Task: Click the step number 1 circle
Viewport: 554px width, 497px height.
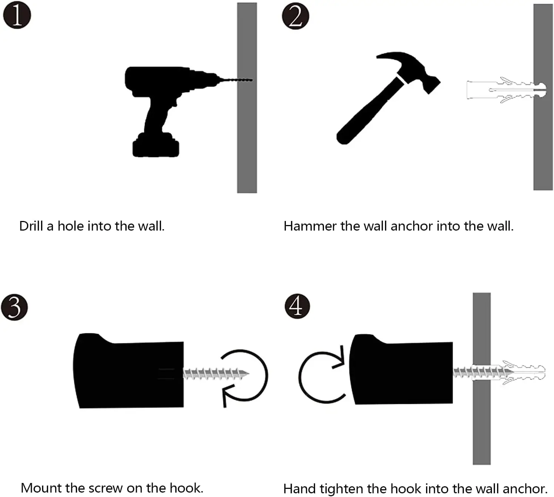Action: click(x=17, y=16)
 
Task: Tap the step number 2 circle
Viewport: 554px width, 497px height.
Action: click(x=295, y=17)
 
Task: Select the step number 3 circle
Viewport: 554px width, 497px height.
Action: click(x=14, y=307)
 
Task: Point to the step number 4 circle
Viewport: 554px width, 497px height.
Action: click(x=297, y=306)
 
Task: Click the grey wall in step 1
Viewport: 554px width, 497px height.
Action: click(x=247, y=140)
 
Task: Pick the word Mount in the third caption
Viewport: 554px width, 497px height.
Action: click(x=41, y=488)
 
